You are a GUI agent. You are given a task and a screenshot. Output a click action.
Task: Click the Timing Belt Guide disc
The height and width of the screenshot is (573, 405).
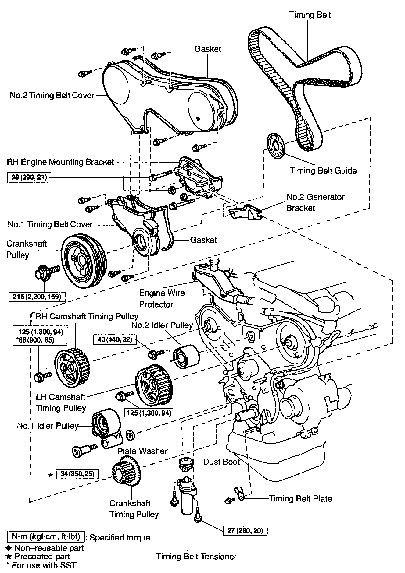(276, 146)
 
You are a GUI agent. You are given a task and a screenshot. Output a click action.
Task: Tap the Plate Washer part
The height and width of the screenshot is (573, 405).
(130, 435)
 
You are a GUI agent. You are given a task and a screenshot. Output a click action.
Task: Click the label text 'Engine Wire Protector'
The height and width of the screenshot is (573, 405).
(162, 298)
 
